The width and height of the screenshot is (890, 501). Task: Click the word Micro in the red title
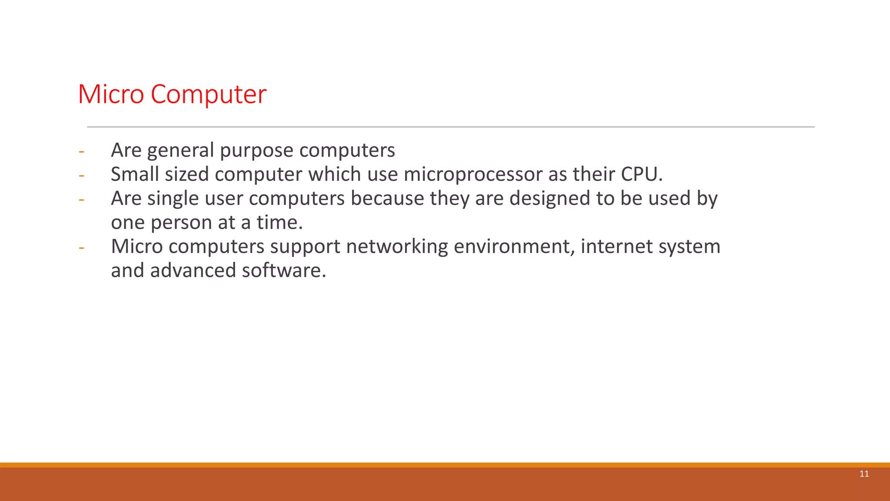111,94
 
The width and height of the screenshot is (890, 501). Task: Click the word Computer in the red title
208,95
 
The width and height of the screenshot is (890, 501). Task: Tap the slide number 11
864,474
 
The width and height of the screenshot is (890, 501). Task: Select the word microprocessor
473,174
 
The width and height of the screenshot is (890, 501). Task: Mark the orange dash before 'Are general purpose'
81,152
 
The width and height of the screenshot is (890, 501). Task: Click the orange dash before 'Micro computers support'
81,248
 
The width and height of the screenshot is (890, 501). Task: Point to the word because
387,199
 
